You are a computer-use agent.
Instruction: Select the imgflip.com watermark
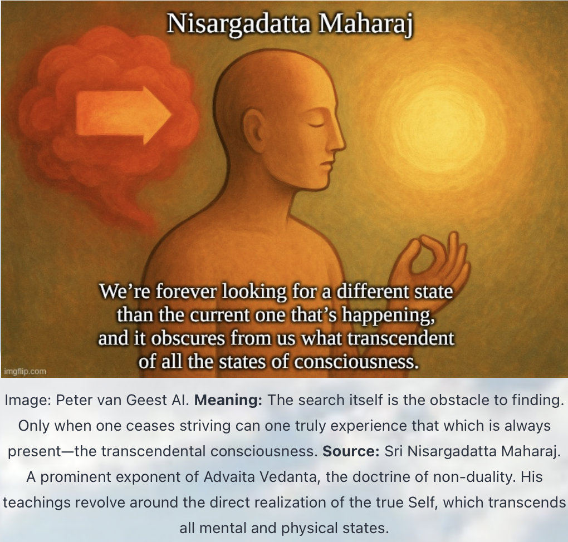tap(25, 371)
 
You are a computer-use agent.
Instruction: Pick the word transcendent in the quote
tap(400, 338)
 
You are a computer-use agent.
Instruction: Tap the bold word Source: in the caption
tap(351, 451)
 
